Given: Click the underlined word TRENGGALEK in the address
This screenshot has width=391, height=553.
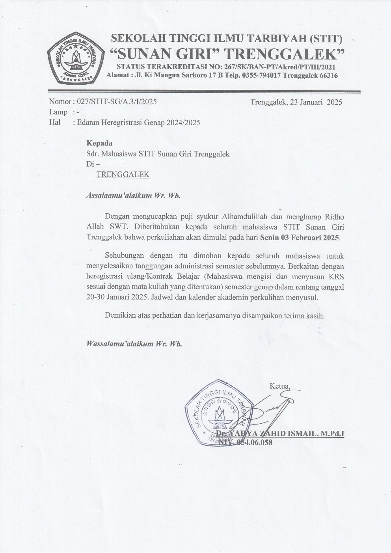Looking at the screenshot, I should click(x=123, y=174).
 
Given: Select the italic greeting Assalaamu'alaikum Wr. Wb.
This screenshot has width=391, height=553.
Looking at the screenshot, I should click(x=133, y=196).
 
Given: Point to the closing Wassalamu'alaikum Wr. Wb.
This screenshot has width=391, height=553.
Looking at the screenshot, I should click(x=134, y=344).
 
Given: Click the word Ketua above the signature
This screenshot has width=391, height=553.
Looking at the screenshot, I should click(x=279, y=385).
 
